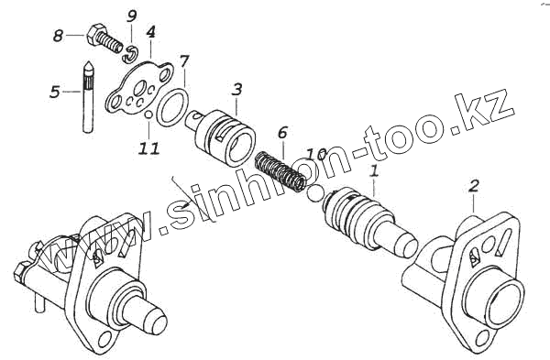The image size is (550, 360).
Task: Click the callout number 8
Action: click(x=58, y=36)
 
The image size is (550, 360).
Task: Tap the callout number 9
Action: click(x=131, y=16)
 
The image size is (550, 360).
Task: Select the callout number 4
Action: click(x=150, y=32)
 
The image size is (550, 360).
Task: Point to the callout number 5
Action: click(x=55, y=92)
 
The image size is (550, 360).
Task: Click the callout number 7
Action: click(x=184, y=61)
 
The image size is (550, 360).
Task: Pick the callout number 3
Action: click(x=236, y=90)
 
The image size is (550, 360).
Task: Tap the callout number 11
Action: click(x=148, y=148)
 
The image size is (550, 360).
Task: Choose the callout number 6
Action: click(x=282, y=133)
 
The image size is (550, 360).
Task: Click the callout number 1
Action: click(x=374, y=171)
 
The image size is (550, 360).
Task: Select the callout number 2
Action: click(x=473, y=186)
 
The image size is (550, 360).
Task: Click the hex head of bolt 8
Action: click(x=94, y=34)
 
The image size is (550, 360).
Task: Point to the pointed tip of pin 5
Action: click(x=88, y=62)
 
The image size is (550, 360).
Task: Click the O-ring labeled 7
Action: click(x=172, y=107)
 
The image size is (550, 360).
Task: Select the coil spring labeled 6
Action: click(x=280, y=171)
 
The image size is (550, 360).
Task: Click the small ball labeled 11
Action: click(x=148, y=115)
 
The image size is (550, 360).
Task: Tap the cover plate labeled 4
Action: click(x=140, y=88)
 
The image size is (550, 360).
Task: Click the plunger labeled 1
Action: click(x=368, y=222)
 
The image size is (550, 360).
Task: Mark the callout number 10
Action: click(x=317, y=153)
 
